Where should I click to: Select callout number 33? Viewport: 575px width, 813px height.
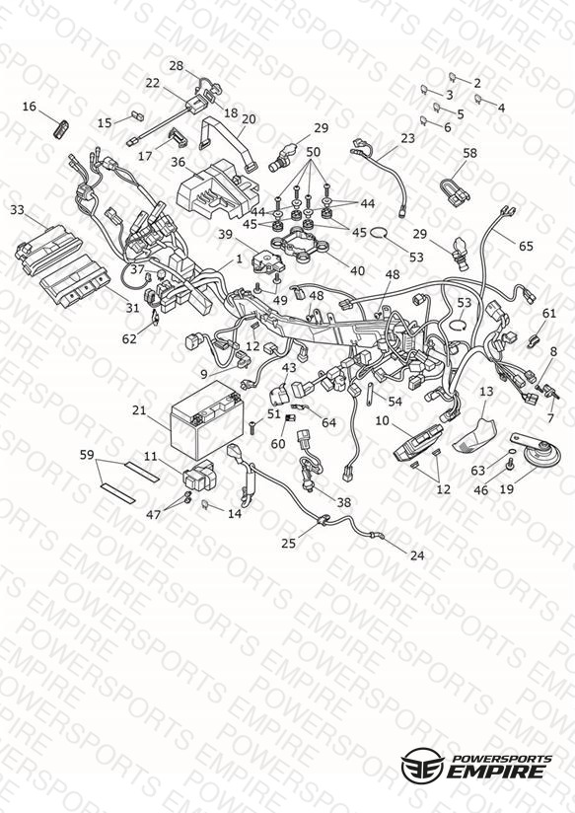click(x=17, y=210)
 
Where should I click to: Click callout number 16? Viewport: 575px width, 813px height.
click(x=30, y=107)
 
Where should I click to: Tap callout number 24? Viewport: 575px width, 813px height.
click(x=417, y=555)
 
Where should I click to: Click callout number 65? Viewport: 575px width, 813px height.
click(x=526, y=246)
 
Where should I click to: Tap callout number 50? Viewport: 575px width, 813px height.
click(x=314, y=152)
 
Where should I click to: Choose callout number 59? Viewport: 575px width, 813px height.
click(x=87, y=455)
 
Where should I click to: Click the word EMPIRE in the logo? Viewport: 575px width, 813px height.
click(x=497, y=771)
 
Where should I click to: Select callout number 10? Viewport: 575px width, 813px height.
click(x=382, y=420)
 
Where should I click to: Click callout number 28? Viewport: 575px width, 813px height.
click(x=177, y=66)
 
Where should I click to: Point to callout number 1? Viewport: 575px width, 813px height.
click(x=239, y=259)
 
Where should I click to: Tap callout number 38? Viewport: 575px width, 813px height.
click(x=344, y=502)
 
